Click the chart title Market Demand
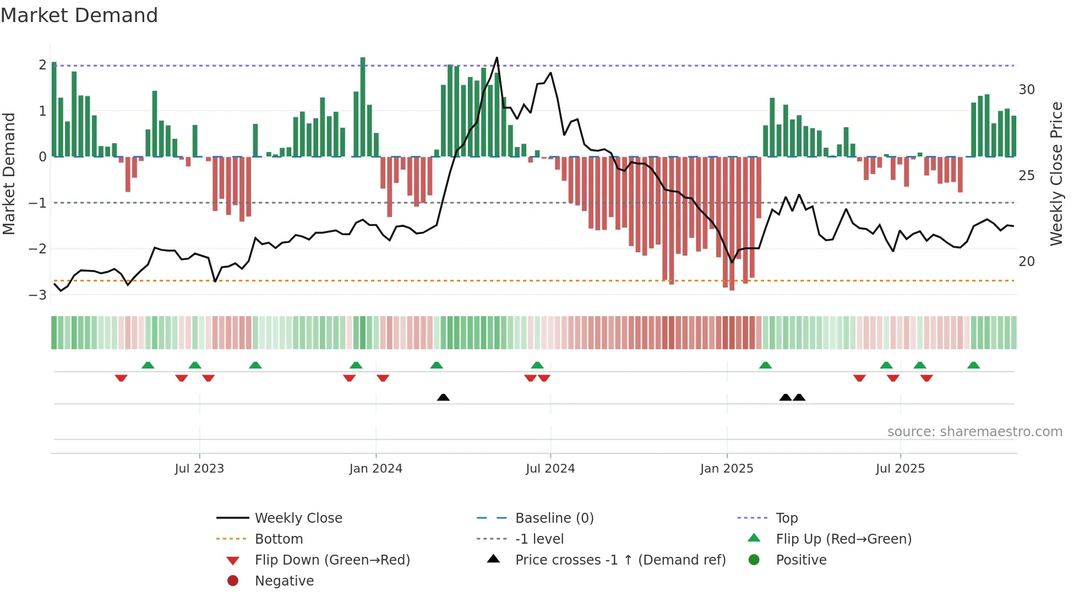[79, 15]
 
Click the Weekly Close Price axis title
[1056, 174]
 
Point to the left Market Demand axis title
[9, 174]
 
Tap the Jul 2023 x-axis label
[199, 469]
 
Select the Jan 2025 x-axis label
[727, 469]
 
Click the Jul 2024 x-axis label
[550, 469]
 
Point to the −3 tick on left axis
[37, 295]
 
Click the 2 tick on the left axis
[42, 65]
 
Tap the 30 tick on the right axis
[1026, 90]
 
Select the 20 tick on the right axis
[1026, 262]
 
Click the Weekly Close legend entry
[298, 518]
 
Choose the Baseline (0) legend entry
[554, 518]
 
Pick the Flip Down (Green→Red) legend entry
[332, 560]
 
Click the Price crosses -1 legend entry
[620, 560]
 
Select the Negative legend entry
[284, 581]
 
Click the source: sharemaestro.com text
[974, 432]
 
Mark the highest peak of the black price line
[497, 58]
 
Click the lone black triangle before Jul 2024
[443, 397]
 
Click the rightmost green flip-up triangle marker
[973, 365]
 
